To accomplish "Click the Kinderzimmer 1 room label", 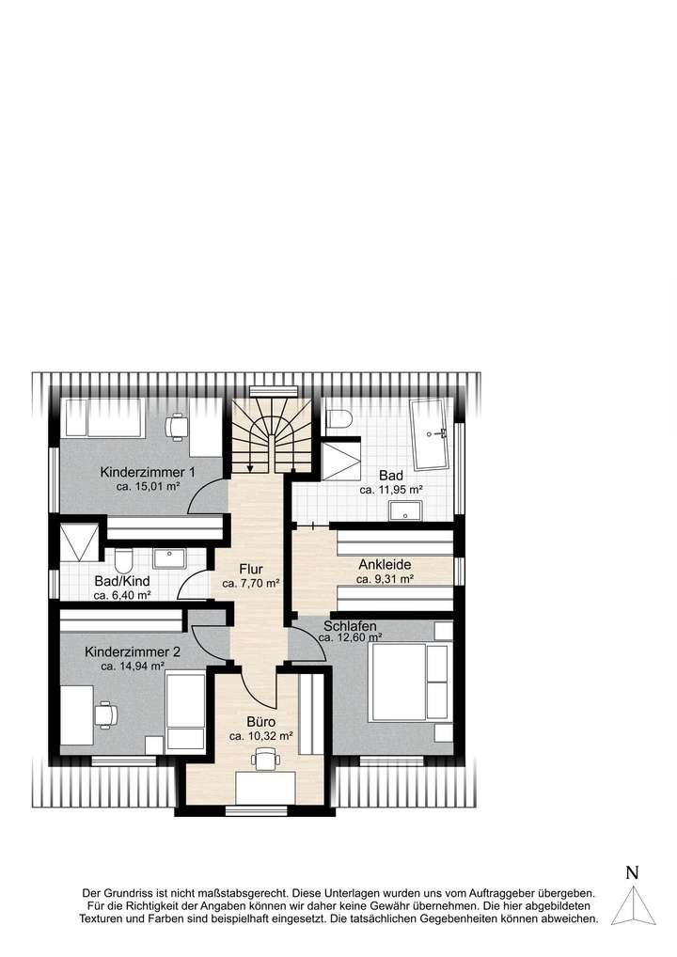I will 148,472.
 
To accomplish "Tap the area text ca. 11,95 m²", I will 391,490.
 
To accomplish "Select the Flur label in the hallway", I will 250,569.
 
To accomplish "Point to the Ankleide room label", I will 385,565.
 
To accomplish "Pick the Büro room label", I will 260,721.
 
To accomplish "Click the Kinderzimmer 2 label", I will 132,651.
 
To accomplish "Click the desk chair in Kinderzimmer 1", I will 175,426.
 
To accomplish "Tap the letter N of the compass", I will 632,872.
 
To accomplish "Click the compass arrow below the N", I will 632,906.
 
